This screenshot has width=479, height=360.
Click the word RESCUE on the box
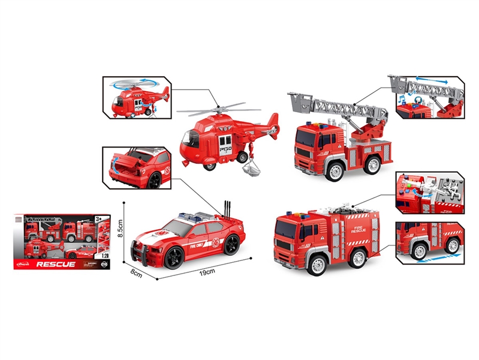tap(56, 263)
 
